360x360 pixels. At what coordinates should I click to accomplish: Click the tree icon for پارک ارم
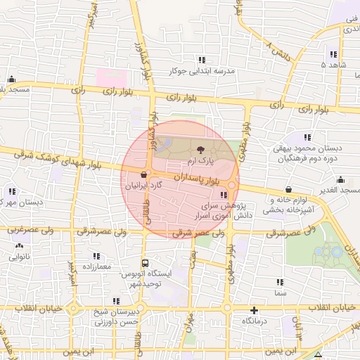201,149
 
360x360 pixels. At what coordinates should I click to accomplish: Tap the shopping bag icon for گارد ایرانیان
144,175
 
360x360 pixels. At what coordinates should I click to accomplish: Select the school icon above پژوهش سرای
224,195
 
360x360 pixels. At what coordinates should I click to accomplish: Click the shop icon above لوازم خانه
290,189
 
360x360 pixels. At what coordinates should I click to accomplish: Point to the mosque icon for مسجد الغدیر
341,180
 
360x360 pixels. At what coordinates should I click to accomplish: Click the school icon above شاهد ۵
333,54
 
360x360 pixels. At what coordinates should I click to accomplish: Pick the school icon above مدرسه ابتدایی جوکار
202,60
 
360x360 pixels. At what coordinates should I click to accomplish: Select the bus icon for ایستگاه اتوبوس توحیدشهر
145,263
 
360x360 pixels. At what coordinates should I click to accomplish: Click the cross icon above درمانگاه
254,309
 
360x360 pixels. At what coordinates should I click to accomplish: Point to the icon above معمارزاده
96,256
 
